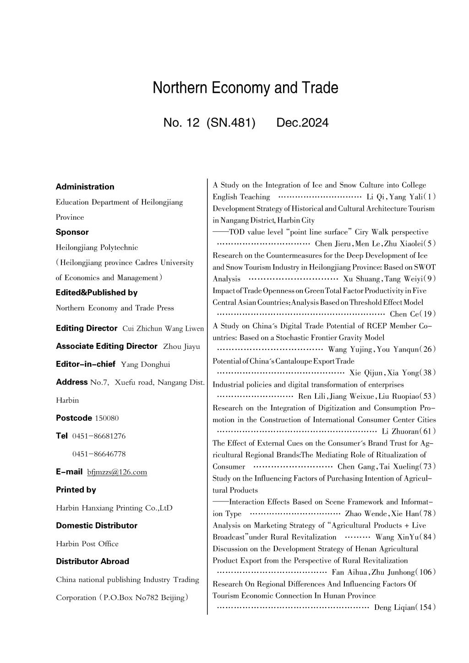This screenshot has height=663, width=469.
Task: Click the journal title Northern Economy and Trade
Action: click(245, 87)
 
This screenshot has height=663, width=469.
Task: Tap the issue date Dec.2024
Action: click(302, 123)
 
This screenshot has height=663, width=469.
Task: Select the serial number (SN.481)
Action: click(230, 123)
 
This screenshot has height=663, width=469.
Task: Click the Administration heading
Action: click(85, 187)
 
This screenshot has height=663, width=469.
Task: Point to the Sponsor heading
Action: click(72, 232)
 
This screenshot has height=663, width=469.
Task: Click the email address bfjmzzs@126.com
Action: click(117, 472)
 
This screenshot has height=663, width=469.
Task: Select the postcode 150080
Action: click(107, 418)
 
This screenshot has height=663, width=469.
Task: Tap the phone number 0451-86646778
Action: click(99, 454)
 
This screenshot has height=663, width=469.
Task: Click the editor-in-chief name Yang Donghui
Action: click(145, 364)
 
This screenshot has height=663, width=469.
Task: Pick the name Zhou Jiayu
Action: click(181, 347)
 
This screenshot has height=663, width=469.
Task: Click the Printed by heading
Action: click(76, 490)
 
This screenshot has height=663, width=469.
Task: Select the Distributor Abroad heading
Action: click(93, 561)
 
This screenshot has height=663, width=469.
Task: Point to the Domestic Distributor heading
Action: click(97, 526)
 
